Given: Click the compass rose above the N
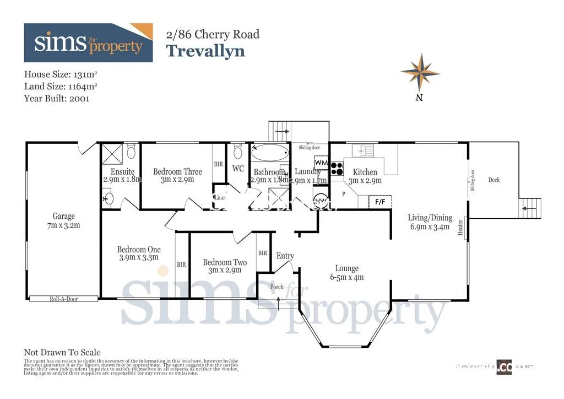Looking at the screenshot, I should tap(420, 72).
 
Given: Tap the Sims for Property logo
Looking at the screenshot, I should tap(88, 43).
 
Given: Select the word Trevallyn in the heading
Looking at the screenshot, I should tap(205, 51).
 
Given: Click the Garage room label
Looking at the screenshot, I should tap(64, 217).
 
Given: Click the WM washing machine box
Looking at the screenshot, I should tap(321, 163).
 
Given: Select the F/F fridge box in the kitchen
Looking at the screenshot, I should tap(380, 202).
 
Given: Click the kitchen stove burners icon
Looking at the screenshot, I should tap(337, 168).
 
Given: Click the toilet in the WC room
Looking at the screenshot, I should tap(238, 150).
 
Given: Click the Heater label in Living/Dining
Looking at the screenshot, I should tap(460, 228).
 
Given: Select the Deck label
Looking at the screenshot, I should tap(494, 180).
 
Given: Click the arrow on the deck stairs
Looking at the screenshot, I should tap(528, 208).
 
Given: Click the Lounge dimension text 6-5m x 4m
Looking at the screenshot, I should tap(346, 277).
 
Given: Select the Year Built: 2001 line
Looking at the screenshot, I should tap(57, 99).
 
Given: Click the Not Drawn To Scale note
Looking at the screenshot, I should tap(62, 352).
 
